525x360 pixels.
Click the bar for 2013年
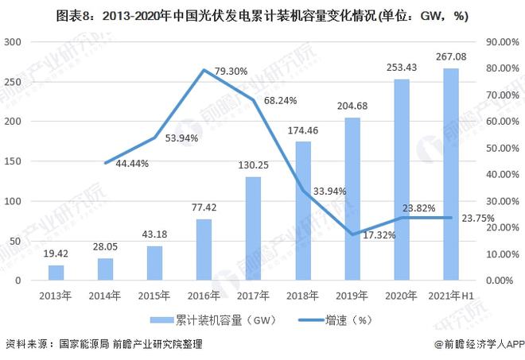pos(56,273)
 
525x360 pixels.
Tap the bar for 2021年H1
pos(450,175)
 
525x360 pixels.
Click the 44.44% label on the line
pos(126,163)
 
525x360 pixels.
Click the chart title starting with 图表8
pos(262,14)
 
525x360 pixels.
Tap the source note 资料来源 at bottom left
pos(103,344)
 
